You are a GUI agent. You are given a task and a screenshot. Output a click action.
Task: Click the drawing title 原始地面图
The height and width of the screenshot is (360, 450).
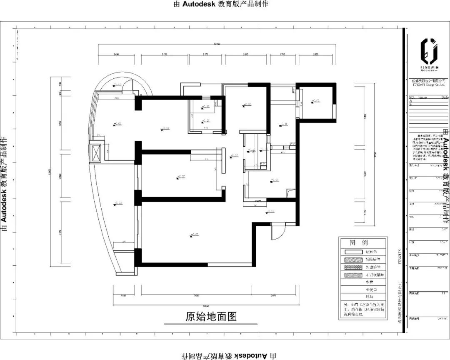pos(211,316)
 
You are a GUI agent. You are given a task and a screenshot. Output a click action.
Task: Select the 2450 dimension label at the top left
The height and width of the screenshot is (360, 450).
pos(116,54)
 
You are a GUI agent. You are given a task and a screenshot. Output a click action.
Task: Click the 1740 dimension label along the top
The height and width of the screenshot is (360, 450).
pos(282,54)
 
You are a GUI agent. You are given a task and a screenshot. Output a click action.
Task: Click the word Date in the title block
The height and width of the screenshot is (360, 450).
pos(445,97)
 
